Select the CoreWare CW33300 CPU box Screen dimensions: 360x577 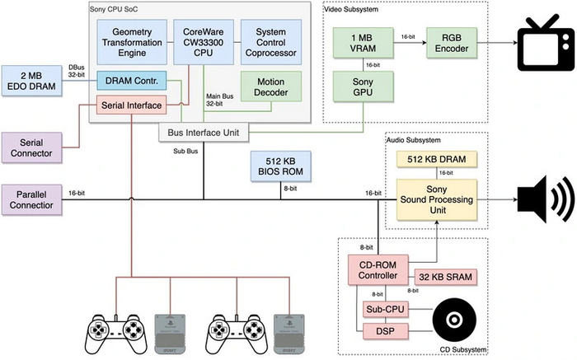(203, 42)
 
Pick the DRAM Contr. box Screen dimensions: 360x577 (132, 81)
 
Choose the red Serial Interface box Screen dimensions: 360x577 (132, 105)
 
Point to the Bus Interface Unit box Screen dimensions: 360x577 (203, 132)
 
